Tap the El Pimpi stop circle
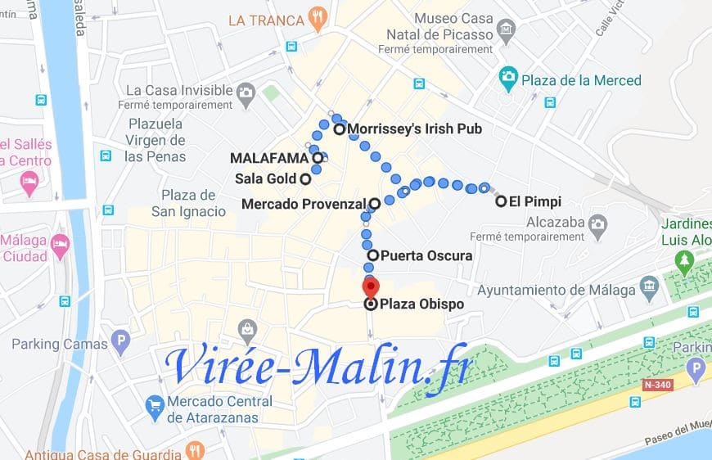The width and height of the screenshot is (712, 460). pyautogui.click(x=501, y=201)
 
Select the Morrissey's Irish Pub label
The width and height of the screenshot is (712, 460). pyautogui.click(x=414, y=129)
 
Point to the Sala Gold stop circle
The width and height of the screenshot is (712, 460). pyautogui.click(x=304, y=178)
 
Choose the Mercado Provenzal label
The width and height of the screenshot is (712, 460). pyautogui.click(x=304, y=204)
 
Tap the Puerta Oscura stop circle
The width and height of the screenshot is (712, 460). pyautogui.click(x=372, y=255)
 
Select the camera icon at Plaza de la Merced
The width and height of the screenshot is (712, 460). pyautogui.click(x=508, y=79)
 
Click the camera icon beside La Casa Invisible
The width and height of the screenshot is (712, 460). pyautogui.click(x=246, y=97)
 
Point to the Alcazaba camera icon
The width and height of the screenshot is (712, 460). pyautogui.click(x=599, y=223)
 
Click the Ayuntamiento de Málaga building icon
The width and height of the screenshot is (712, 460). pyautogui.click(x=650, y=286)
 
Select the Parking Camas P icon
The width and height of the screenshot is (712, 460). pyautogui.click(x=120, y=341)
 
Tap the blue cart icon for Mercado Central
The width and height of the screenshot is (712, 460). pyautogui.click(x=154, y=405)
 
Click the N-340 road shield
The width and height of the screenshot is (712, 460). pyautogui.click(x=657, y=384)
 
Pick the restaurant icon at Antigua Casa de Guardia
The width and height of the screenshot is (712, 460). pyautogui.click(x=195, y=451)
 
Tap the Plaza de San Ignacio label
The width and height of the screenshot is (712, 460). pyautogui.click(x=188, y=203)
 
